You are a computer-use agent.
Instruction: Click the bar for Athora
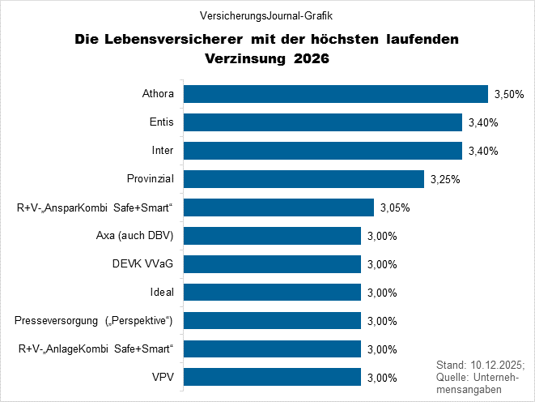click(x=336, y=94)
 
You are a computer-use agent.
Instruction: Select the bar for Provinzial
click(x=304, y=179)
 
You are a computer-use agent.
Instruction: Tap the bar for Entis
click(x=323, y=122)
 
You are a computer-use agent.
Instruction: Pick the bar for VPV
click(x=273, y=377)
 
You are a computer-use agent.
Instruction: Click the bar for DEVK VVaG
click(x=273, y=263)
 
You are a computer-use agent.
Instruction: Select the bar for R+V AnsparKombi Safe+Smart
click(x=279, y=207)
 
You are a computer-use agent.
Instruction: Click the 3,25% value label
click(x=444, y=180)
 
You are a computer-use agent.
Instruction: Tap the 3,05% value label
click(x=394, y=208)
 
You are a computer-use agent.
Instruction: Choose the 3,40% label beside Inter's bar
click(x=482, y=152)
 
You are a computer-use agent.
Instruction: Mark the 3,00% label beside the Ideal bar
click(x=381, y=293)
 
